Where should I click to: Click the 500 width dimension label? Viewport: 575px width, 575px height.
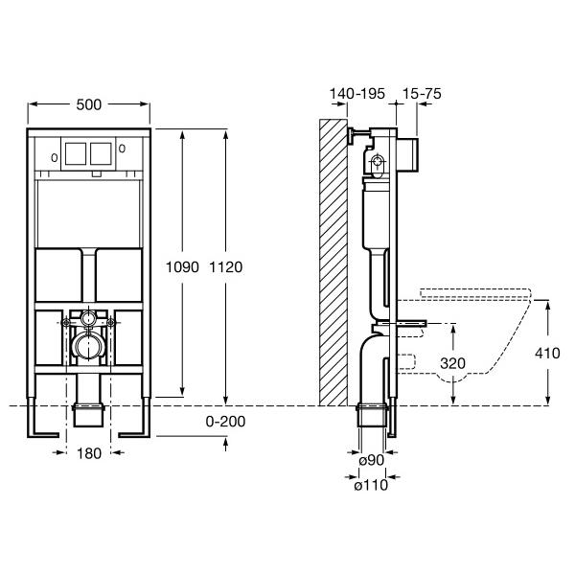coord(89,104)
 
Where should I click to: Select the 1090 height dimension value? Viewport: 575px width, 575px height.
coord(182,267)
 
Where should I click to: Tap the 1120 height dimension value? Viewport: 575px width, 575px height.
coord(226,267)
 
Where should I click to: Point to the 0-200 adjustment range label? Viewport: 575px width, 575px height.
coord(225,422)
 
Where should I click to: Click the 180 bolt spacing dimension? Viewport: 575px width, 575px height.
coord(89,453)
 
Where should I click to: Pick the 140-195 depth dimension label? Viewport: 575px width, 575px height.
coord(356,94)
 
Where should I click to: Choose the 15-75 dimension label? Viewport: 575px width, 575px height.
coord(422,94)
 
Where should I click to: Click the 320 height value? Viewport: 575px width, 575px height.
coord(453,363)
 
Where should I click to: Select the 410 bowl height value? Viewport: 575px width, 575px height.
coord(547,353)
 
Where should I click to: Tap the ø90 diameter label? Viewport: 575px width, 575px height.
coord(372,460)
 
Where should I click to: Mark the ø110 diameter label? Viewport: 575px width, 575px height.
coord(371,485)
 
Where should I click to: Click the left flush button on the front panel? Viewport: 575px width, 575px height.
coord(76,153)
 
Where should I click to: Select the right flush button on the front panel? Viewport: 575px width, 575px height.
coord(101,153)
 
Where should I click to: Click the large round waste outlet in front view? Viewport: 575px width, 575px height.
coord(88,345)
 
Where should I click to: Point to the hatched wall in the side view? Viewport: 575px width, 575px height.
coord(333,263)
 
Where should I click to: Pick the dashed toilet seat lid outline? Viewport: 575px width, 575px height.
coord(475,294)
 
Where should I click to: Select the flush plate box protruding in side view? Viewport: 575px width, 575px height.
coord(408,154)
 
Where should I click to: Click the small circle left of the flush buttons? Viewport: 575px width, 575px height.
coord(55,158)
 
